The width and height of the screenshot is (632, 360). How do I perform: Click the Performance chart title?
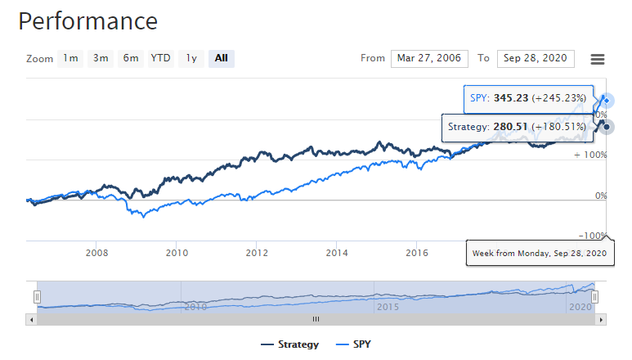(x=88, y=21)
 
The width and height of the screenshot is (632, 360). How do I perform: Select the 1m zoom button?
(x=71, y=58)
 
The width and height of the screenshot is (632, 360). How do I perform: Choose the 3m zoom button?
(x=101, y=58)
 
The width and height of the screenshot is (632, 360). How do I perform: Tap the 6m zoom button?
(x=131, y=58)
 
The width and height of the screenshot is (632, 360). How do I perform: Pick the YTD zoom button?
(x=161, y=58)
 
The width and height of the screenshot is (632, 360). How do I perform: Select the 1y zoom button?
(x=191, y=58)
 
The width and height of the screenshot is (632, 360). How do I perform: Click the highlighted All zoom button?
(x=222, y=58)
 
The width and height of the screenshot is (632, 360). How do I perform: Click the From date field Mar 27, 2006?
(x=429, y=58)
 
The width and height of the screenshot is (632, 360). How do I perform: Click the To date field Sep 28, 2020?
(x=536, y=58)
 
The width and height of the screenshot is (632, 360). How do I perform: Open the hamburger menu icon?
(x=598, y=59)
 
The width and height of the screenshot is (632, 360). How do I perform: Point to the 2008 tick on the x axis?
(x=96, y=252)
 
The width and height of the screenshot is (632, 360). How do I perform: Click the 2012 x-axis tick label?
(x=257, y=252)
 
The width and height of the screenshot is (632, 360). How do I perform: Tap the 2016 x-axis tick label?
(x=417, y=252)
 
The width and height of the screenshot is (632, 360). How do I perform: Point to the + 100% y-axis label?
(x=589, y=155)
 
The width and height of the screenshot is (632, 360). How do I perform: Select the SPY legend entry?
(x=361, y=344)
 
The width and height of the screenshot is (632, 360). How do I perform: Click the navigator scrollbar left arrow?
(x=31, y=319)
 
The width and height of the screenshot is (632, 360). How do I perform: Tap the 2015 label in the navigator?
(x=387, y=307)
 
